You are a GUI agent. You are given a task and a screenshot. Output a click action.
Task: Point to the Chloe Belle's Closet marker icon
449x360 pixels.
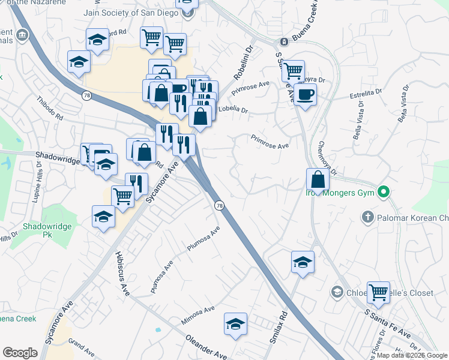(x=336, y=292)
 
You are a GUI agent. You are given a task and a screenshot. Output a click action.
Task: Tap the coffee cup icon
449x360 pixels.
(x=305, y=94)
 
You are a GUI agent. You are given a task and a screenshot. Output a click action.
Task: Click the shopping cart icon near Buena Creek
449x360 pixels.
(x=293, y=71)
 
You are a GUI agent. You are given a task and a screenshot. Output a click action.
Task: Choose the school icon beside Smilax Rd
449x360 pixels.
(x=303, y=262)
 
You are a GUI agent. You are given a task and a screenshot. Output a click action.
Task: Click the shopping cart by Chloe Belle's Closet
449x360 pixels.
(x=378, y=293)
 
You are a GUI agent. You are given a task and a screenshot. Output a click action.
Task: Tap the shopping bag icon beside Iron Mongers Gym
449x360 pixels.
(x=318, y=179)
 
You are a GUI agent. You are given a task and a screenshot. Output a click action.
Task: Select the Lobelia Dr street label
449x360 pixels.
(x=233, y=109)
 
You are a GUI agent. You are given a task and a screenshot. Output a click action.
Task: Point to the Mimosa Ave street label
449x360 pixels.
(x=197, y=316)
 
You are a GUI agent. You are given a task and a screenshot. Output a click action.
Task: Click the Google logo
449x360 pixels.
(x=20, y=353)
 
